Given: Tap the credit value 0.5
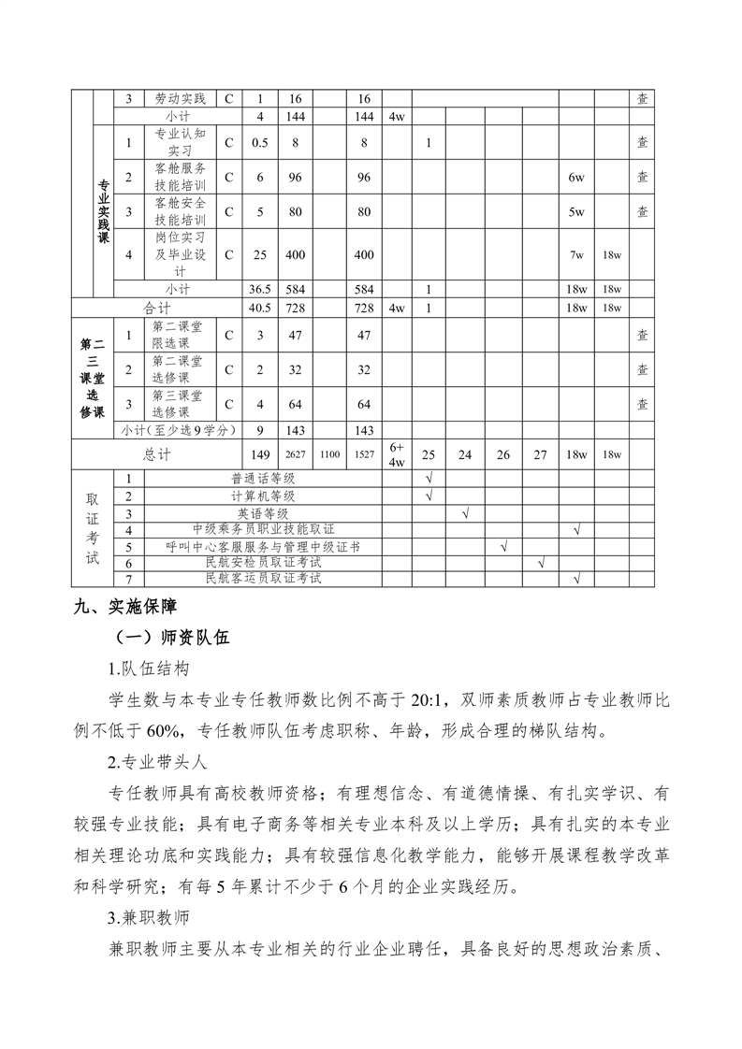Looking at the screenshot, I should point(260,142).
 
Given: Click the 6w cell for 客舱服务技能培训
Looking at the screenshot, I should point(576,177).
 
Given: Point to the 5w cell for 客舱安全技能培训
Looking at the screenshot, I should point(576,211).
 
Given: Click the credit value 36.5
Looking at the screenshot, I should point(260,289).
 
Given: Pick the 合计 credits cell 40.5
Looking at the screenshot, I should point(260,308).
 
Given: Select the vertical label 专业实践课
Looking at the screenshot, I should point(103,211).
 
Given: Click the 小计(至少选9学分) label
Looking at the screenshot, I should point(178,430).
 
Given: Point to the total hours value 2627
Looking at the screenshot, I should point(296,454).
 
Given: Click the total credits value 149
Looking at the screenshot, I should point(260,454).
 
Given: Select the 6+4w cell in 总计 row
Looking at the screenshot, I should point(396,454).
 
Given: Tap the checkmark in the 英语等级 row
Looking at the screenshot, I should point(465,512).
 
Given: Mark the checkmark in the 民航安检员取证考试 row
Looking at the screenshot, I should point(540,563).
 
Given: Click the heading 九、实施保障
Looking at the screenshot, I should point(124,606).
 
